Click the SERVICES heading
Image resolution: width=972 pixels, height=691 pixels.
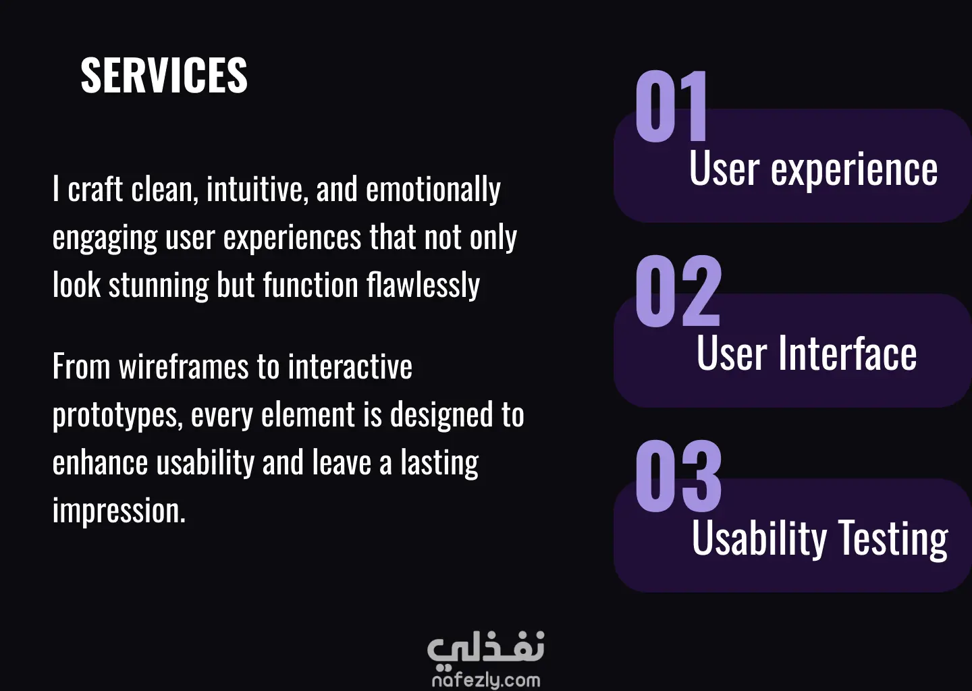(164, 75)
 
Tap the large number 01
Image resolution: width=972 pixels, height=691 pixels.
(671, 106)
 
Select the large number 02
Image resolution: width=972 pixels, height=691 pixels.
(678, 291)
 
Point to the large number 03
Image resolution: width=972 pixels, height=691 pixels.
(678, 476)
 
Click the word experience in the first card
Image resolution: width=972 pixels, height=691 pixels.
(854, 170)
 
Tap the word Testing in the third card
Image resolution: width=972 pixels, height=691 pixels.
(892, 539)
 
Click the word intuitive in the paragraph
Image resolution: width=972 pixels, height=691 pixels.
(257, 189)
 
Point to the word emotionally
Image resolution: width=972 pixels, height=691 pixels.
(433, 190)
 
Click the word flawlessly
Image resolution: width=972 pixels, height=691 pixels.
(423, 285)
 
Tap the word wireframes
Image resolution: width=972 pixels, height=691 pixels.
(184, 366)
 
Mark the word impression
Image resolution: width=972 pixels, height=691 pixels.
(119, 511)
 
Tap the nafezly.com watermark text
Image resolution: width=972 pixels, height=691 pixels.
(486, 680)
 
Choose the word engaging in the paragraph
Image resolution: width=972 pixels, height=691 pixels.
(105, 238)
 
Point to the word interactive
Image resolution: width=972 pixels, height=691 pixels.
(350, 366)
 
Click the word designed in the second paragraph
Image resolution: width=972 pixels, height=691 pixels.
(441, 414)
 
